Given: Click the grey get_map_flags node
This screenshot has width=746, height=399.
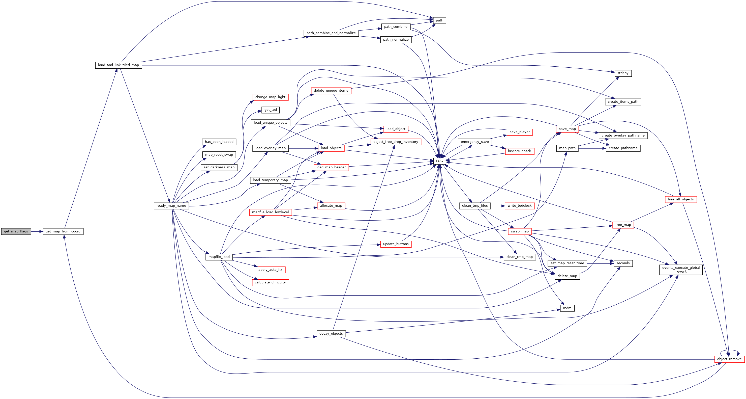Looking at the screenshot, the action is tap(16, 231).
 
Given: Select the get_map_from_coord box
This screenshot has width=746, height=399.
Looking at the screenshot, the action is tap(63, 231).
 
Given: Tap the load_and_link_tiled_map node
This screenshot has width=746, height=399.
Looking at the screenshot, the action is tap(118, 65).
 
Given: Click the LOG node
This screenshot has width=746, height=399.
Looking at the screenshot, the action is tap(439, 161).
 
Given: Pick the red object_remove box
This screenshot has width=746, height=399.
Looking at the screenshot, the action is tap(729, 359).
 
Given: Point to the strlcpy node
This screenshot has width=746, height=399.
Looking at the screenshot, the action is tap(623, 73).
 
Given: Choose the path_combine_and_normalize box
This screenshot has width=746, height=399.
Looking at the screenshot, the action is tap(331, 33).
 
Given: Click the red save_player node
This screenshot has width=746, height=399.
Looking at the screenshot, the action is tap(520, 132).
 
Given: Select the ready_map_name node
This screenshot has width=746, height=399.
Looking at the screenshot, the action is tap(171, 206).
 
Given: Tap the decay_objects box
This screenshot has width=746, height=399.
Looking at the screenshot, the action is tap(331, 333).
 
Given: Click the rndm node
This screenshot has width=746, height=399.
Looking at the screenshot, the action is tap(567, 308).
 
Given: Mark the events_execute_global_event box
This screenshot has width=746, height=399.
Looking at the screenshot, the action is tap(681, 270).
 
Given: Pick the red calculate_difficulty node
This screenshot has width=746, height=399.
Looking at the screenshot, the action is tap(270, 282).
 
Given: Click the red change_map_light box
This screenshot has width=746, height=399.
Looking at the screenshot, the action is tap(270, 97).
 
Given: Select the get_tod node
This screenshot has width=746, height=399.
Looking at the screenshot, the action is tap(271, 110).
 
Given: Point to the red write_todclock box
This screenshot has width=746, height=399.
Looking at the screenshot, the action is tap(520, 206).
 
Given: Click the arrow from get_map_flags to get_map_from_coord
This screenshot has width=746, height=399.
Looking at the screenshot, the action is tap(37, 231).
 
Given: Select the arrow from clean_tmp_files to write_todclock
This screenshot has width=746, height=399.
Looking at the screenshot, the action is tap(497, 206).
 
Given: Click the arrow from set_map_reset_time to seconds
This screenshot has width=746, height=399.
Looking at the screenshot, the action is tap(600, 263).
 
